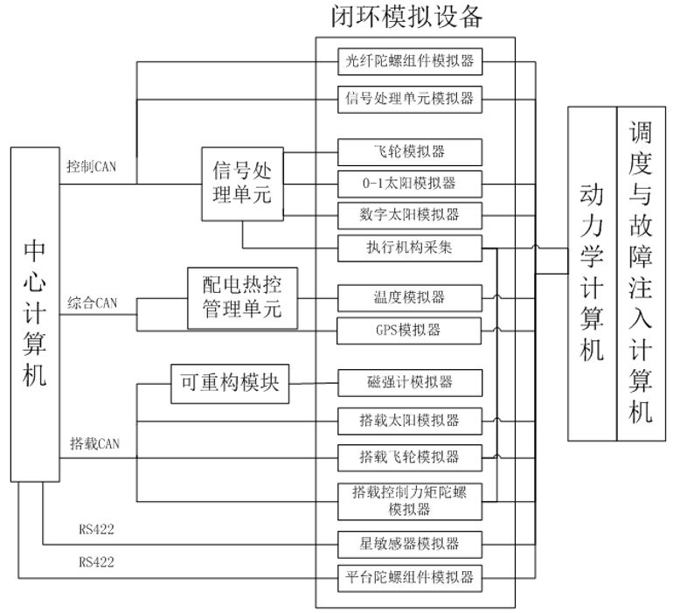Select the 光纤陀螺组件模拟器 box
click(410, 61)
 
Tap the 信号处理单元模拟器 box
click(410, 98)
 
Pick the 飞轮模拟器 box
click(410, 151)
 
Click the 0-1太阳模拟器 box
click(410, 184)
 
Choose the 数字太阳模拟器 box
click(410, 214)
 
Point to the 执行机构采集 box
click(410, 247)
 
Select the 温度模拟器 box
click(410, 297)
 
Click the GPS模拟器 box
click(410, 330)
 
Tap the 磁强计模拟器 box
click(410, 382)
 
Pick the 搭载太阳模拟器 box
click(410, 421)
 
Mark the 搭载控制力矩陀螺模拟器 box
click(410, 500)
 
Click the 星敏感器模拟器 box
click(410, 544)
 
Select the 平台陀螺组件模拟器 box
click(410, 577)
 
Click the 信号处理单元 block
click(243, 179)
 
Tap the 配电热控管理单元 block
click(243, 297)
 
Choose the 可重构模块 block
click(230, 382)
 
